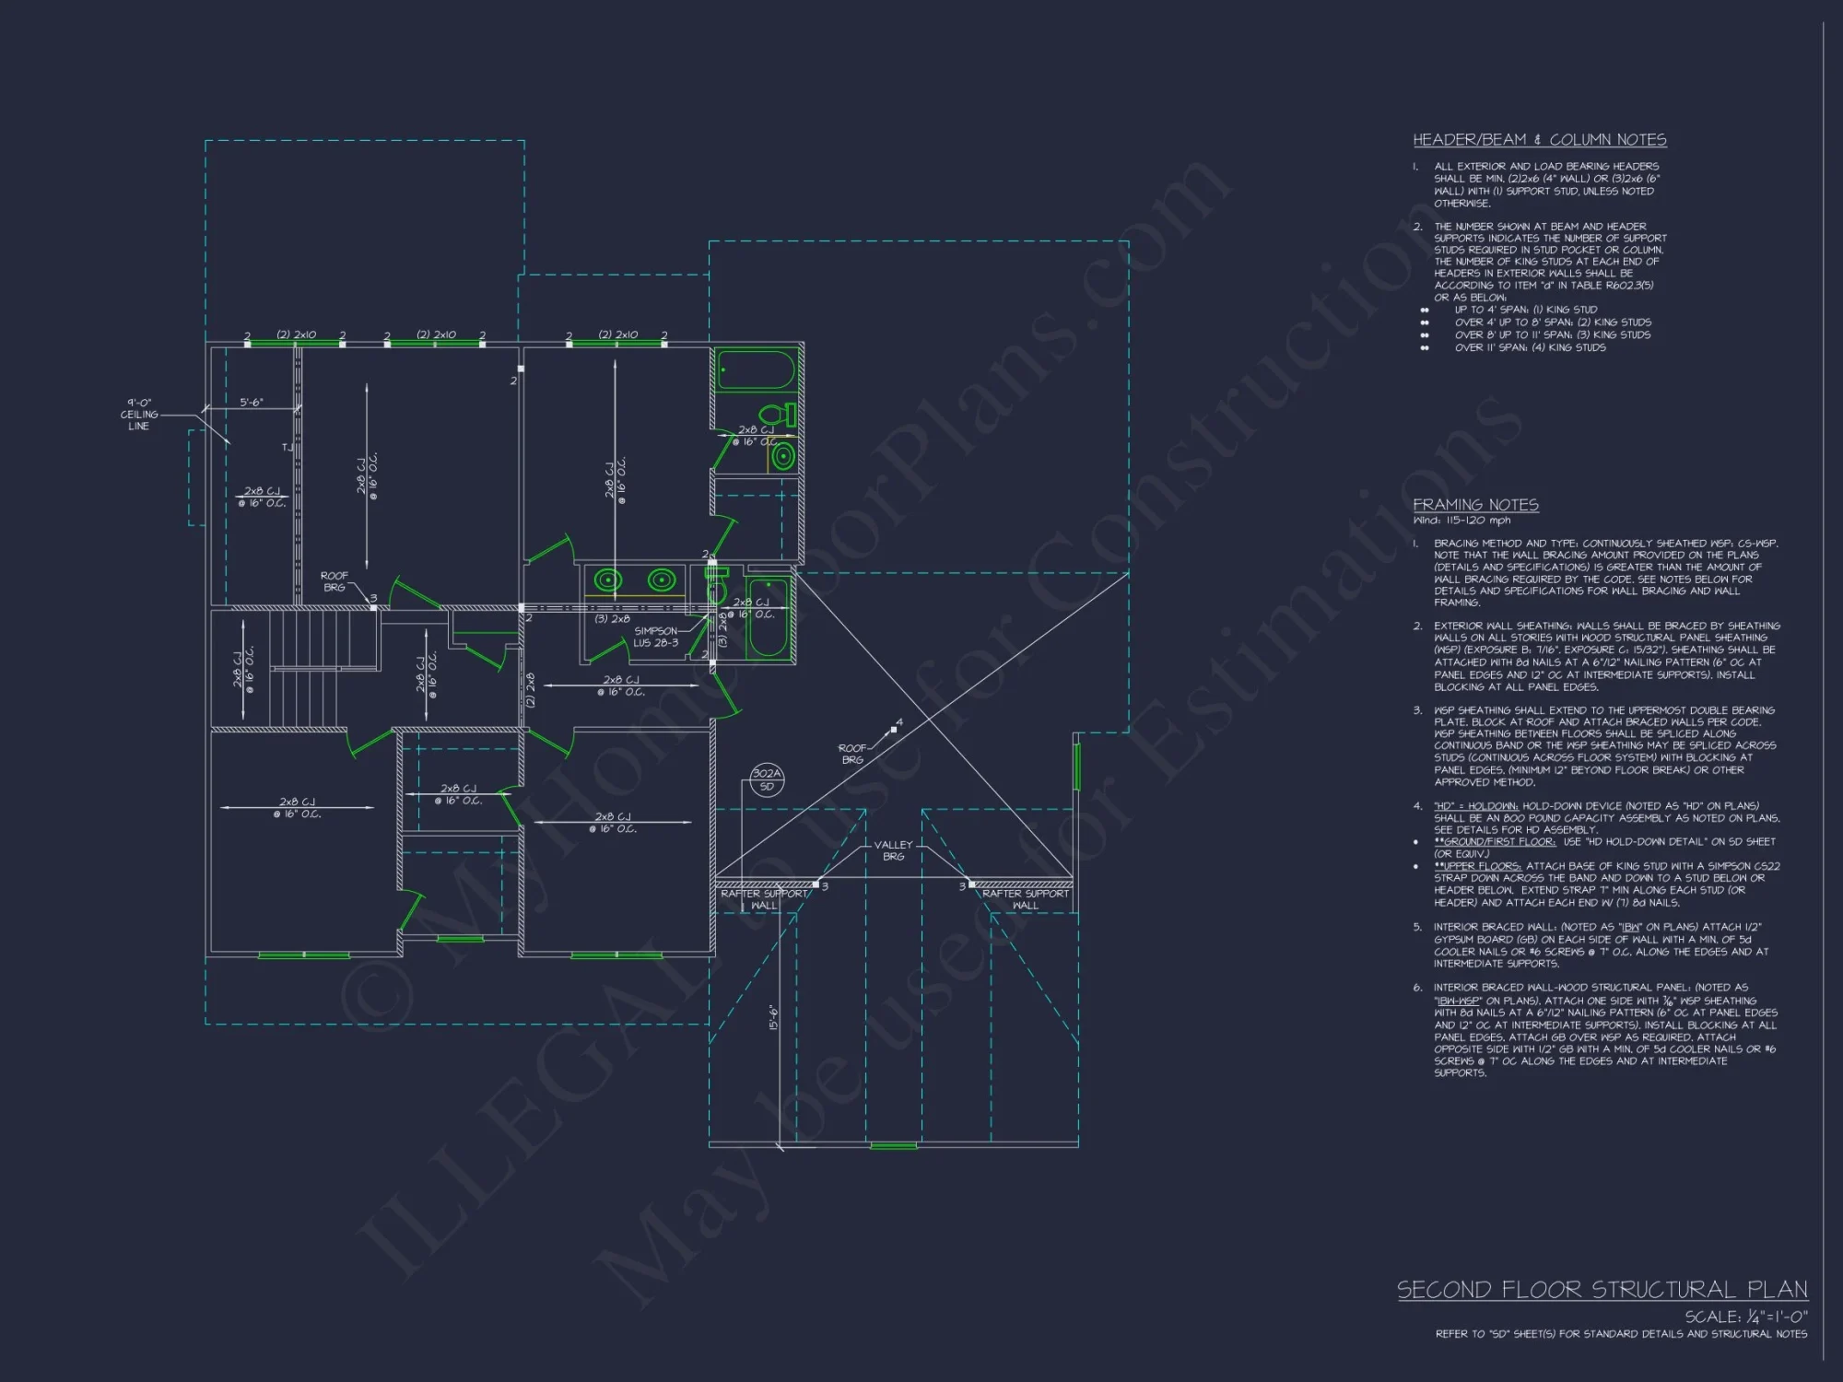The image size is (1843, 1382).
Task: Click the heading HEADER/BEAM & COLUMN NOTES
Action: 1540,140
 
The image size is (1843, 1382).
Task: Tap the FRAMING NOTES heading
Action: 1475,505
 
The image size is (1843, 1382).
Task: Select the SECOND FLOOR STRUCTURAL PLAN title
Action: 1602,1289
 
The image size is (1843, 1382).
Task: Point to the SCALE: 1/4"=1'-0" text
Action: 1745,1318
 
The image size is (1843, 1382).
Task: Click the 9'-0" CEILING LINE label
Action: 139,415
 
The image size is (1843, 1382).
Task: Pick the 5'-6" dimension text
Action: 252,403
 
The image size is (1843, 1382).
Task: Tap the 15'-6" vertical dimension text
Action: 773,1018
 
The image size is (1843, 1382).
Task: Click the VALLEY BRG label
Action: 893,850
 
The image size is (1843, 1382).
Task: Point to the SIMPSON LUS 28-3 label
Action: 655,637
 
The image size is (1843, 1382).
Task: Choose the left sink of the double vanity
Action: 607,580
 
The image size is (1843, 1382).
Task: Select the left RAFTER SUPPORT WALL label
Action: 764,899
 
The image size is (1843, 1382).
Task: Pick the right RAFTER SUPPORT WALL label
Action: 1025,899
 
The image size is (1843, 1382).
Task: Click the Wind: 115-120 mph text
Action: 1461,521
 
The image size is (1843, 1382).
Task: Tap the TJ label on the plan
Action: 287,448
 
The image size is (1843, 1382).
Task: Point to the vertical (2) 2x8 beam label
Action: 531,689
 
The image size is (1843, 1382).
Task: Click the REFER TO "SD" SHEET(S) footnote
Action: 1621,1334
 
